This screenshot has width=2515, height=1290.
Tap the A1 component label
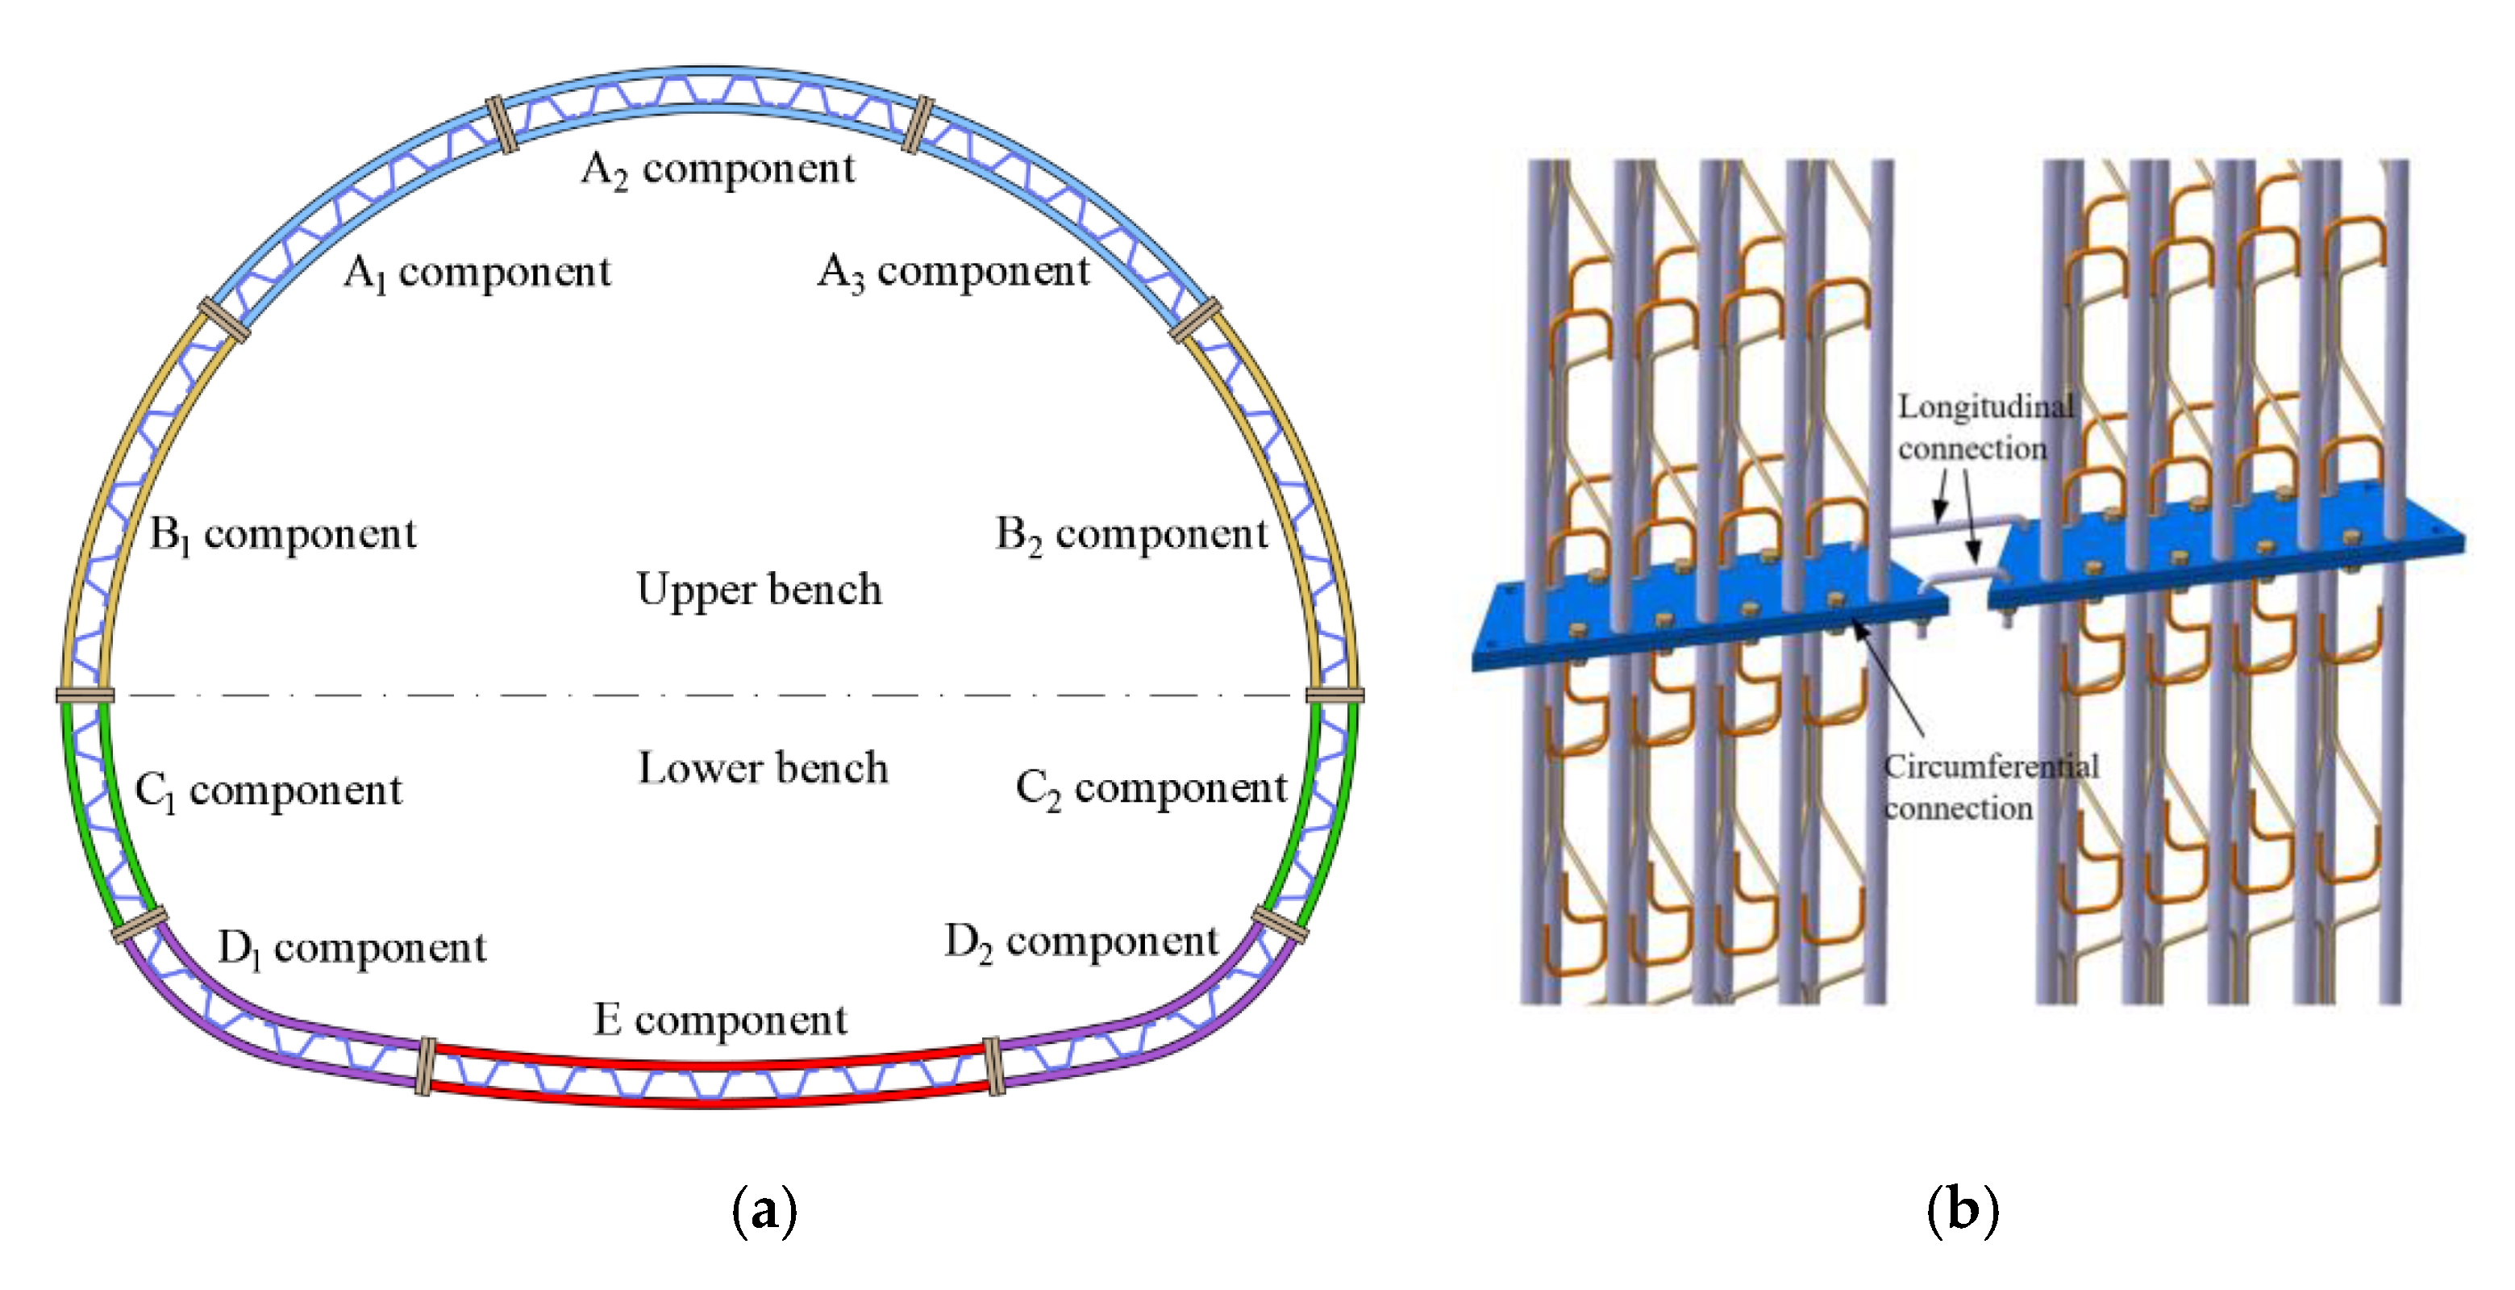tap(477, 273)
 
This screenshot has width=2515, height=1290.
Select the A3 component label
tap(953, 272)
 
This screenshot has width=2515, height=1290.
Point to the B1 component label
tap(282, 535)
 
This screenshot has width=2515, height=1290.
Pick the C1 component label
tap(268, 790)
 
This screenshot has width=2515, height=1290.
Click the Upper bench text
tap(759, 591)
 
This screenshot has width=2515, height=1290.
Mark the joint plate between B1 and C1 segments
tap(85, 695)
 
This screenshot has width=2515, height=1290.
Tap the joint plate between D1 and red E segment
tap(426, 1067)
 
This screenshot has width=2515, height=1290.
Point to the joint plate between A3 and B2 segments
tap(1196, 320)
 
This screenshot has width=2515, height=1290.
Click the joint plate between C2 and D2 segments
tap(1280, 924)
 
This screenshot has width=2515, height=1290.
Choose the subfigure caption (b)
tap(1963, 1211)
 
